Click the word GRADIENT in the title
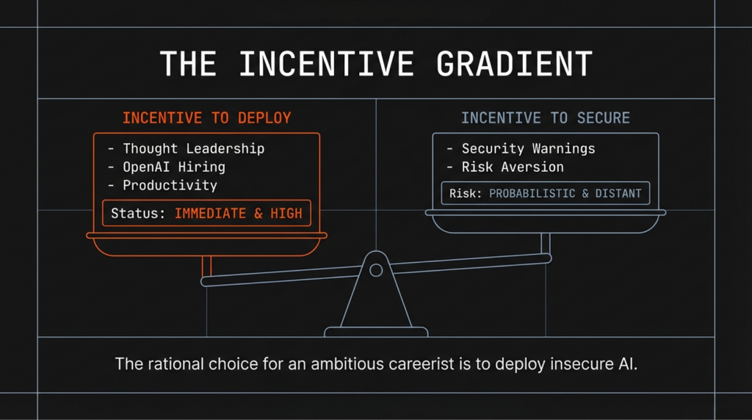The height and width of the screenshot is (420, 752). (514, 65)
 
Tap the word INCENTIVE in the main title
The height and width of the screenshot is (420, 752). (325, 65)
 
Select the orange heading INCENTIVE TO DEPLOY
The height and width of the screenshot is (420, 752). (206, 118)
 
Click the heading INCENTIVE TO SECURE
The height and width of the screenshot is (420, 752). (545, 118)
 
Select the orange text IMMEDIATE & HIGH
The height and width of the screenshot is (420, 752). (238, 213)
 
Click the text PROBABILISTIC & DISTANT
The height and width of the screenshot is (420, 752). (565, 194)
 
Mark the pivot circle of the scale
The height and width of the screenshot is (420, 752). (376, 270)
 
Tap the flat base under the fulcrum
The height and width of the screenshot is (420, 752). (376, 332)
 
